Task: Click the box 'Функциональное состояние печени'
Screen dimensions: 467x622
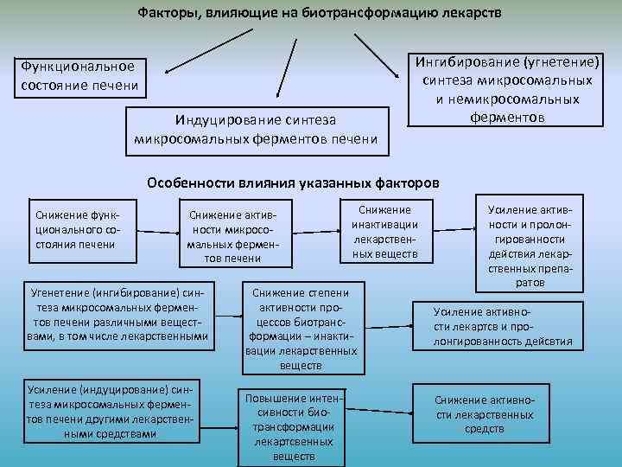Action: [78, 77]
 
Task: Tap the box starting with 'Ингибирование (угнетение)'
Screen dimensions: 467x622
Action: [506, 88]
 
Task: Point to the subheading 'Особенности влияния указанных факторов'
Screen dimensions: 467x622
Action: [293, 183]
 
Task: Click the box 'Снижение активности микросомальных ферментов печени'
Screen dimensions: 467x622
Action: [232, 233]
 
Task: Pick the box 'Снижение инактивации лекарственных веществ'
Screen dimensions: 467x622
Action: [384, 232]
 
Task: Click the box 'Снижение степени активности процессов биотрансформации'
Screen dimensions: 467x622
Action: [301, 324]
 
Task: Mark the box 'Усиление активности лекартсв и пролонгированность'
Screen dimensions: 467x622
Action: [502, 324]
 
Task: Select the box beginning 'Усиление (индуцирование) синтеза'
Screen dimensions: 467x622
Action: [110, 411]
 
